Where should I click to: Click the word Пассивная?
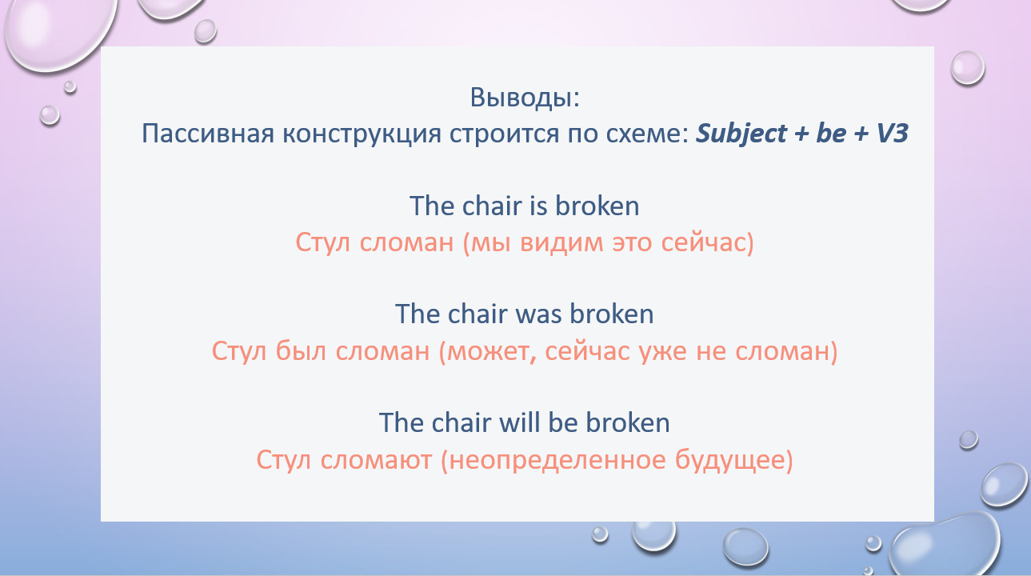click(208, 134)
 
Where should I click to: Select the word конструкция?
click(362, 134)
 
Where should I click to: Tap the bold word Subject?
click(741, 134)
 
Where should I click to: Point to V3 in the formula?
click(892, 133)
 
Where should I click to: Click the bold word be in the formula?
click(831, 133)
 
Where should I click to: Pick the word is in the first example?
click(538, 206)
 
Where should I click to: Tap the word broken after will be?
click(627, 422)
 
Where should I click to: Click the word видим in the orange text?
click(561, 242)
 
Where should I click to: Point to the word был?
click(301, 352)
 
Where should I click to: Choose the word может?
click(489, 353)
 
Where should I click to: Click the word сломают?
click(376, 461)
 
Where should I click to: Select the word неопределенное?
click(557, 462)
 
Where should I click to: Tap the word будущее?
click(730, 461)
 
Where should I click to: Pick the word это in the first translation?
click(632, 243)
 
